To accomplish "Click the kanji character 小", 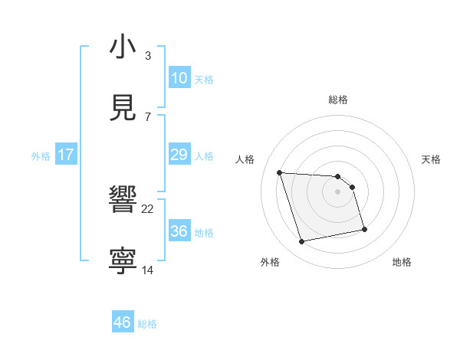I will (123, 47).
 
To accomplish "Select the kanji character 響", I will (123, 201).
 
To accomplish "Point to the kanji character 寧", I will (123, 260).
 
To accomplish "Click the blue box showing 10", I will (179, 78).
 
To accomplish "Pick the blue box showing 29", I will (179, 155).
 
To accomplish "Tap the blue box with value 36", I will (179, 231).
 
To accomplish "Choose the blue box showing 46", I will (123, 322).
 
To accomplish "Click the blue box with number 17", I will (65, 155).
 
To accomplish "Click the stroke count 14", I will (148, 270).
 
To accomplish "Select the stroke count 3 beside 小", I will (148, 56).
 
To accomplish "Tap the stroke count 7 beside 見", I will (148, 116).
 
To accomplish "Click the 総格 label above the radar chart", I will (337, 100).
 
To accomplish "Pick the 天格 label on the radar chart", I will (432, 159).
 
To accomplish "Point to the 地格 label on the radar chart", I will (402, 262).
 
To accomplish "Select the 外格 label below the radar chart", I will (270, 262).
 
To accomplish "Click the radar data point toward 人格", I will (280, 172).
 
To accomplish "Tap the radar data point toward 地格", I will (364, 228).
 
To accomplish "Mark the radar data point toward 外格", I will (302, 242).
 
